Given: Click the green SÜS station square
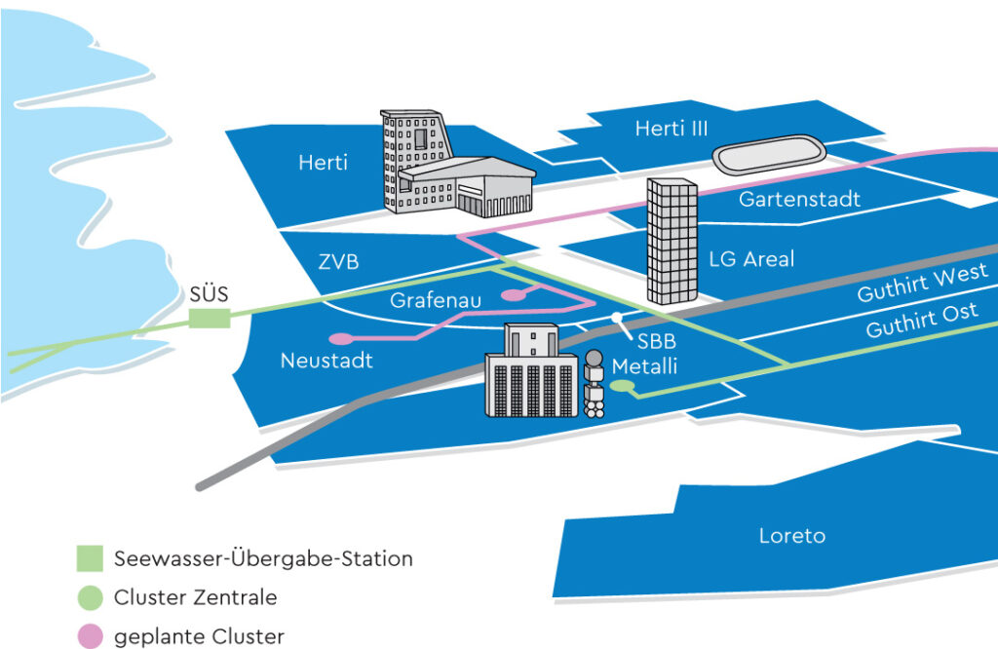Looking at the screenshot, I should point(210,319).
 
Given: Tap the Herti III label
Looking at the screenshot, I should point(671,129).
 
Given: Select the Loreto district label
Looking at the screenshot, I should point(791,536).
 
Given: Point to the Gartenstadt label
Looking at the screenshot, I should point(799,200).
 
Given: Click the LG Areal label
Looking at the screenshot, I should point(751,259).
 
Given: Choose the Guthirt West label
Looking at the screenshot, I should point(922,286).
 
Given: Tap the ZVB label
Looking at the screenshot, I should point(338,262).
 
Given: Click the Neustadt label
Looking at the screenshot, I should point(326,361).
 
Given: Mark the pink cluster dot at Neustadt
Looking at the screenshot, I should point(341,339).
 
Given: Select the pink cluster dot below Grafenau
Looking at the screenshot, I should point(511,294).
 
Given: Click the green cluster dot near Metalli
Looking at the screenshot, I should point(624,388).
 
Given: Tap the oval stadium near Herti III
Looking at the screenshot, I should point(770,154).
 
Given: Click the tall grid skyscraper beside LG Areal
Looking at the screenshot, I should point(672,242).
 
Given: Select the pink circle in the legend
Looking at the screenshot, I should point(90,636).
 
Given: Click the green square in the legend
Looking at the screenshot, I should point(90,559).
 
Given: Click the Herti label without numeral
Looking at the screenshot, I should point(323,163).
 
